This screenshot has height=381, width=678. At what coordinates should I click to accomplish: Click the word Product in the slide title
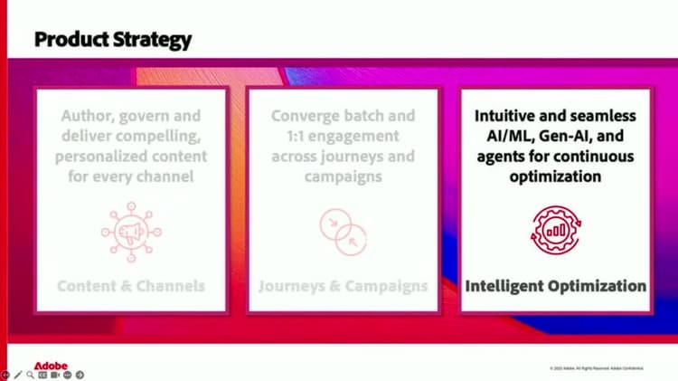click(x=68, y=40)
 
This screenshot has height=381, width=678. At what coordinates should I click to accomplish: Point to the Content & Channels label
click(x=131, y=286)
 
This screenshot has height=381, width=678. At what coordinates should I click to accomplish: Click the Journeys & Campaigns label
click(x=343, y=286)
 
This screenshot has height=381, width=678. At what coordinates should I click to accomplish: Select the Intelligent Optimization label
click(x=555, y=286)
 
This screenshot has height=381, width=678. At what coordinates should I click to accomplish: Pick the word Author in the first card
click(x=89, y=117)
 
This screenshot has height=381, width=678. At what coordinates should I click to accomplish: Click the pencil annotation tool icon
click(x=17, y=375)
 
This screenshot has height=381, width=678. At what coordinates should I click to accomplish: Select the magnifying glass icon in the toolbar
click(x=30, y=375)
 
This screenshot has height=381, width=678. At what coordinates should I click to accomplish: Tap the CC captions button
click(x=42, y=375)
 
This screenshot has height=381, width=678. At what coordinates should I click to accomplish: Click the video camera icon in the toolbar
click(x=54, y=375)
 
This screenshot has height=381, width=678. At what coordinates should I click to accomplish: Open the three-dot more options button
click(x=67, y=375)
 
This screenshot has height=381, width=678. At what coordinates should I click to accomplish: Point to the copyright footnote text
click(x=601, y=368)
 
